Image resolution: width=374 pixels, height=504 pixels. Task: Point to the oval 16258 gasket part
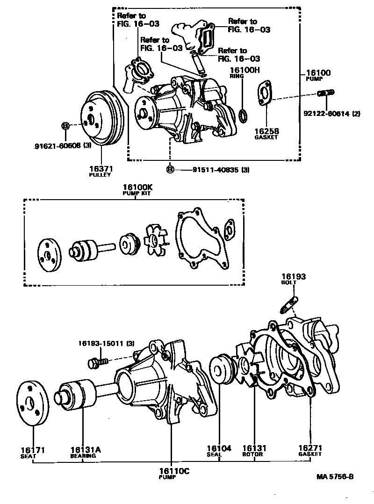coord(266,94)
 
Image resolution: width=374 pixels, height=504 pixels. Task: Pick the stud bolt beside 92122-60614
coord(324,94)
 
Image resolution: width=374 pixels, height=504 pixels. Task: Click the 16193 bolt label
coord(293,277)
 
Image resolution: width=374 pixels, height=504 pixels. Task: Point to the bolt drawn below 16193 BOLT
coord(289,304)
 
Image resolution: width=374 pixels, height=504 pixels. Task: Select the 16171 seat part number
coord(32,450)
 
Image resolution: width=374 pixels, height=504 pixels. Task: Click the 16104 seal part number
coord(219,448)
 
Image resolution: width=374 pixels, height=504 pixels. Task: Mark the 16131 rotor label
coord(254,448)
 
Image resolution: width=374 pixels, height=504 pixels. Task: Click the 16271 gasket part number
coord(310,448)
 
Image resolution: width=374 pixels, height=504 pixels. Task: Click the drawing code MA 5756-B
coord(335,477)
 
